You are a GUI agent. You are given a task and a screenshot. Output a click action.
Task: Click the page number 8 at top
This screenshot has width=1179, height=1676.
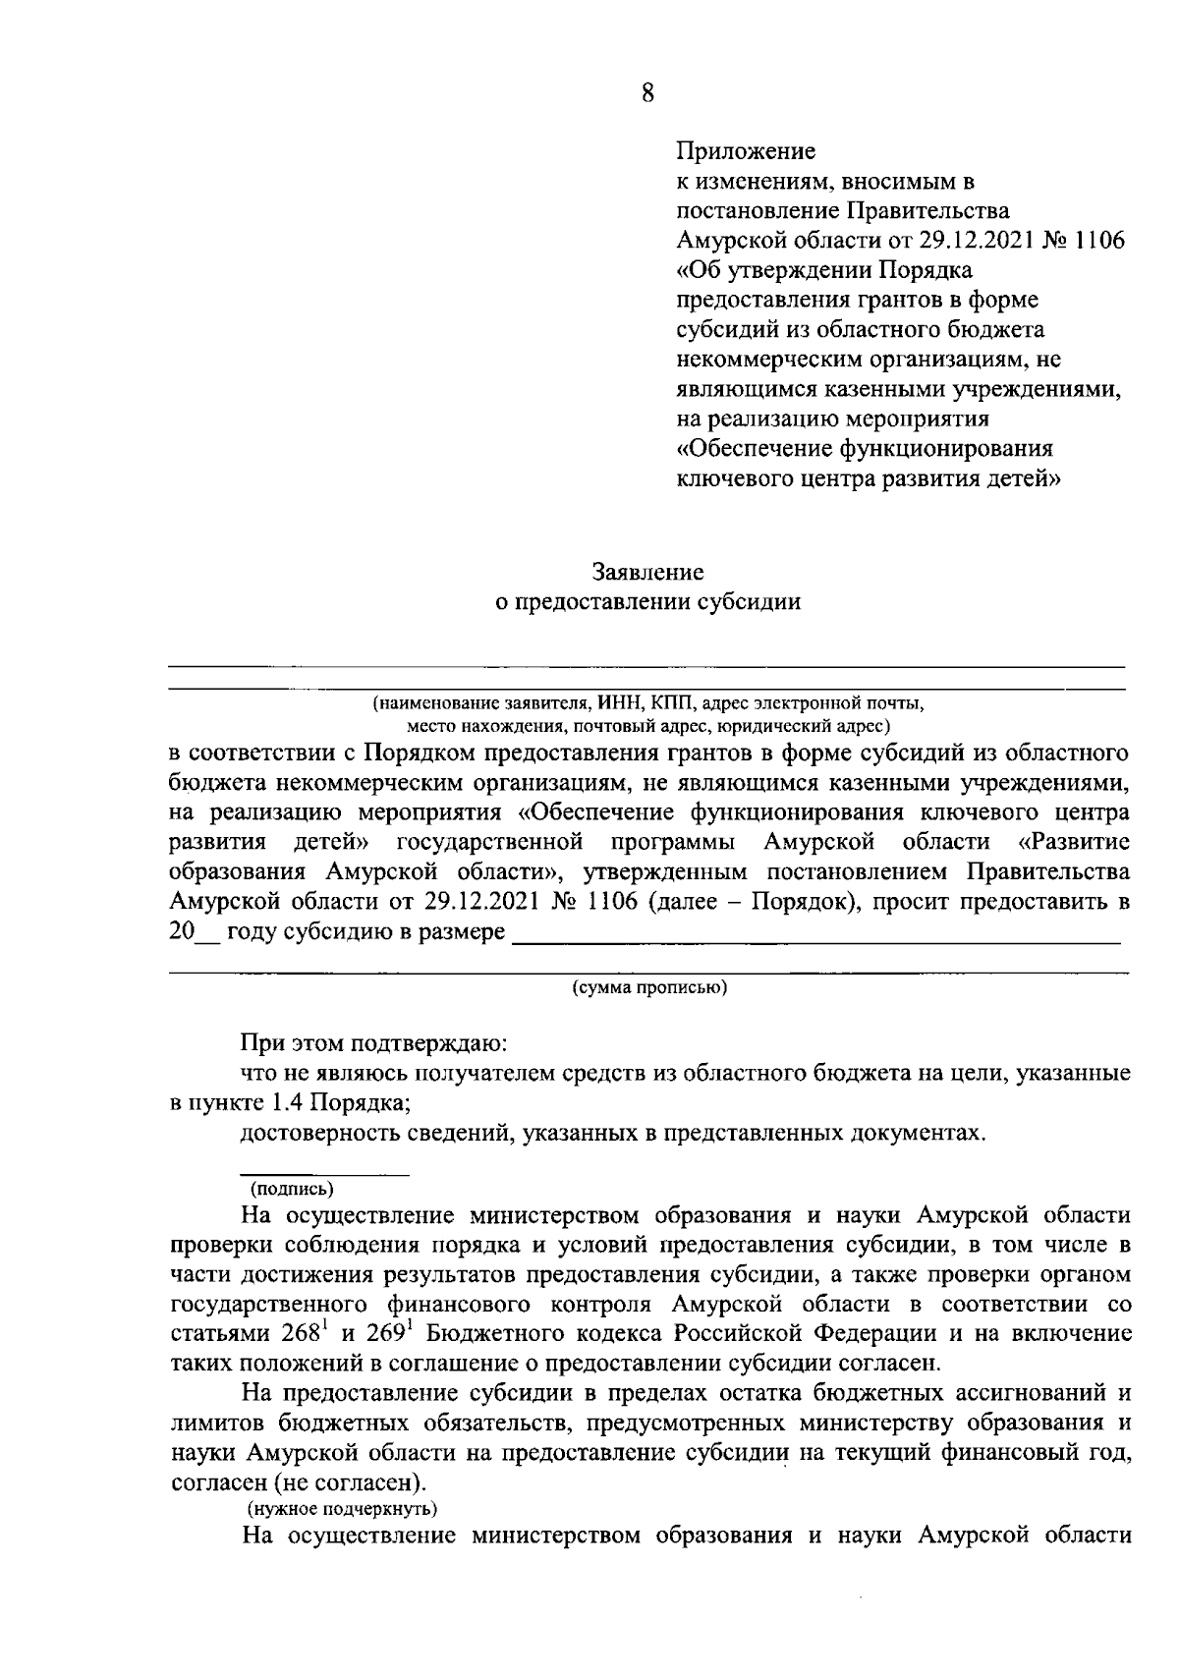[x=647, y=92]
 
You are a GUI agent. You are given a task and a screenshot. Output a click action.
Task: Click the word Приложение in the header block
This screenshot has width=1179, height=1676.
[x=747, y=151]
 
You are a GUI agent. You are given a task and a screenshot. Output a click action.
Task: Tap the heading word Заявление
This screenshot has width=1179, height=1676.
[x=647, y=571]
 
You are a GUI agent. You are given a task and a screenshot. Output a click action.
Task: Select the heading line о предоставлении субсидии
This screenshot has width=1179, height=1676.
[x=647, y=601]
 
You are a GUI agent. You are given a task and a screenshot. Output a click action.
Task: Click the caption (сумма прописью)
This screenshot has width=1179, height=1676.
[x=649, y=986]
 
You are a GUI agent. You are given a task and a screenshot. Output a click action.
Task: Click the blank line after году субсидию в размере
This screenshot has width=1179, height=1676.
[x=815, y=939]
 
